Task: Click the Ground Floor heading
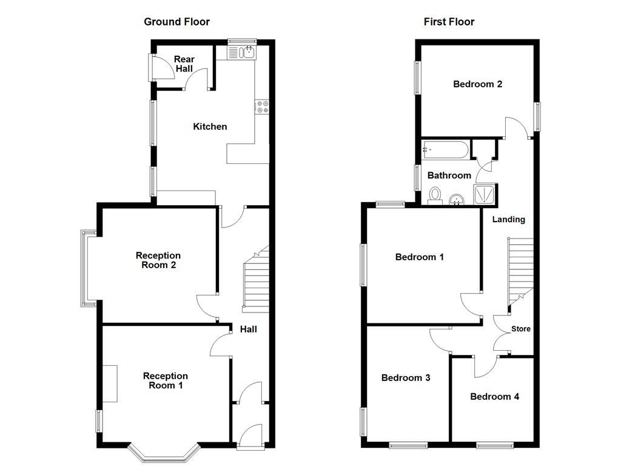[x=176, y=22]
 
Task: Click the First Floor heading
[x=449, y=22]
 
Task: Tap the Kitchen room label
[x=210, y=127]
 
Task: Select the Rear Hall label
[x=184, y=64]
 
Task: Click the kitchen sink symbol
[x=243, y=53]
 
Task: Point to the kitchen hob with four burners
[x=263, y=107]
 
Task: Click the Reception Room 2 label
[x=158, y=260]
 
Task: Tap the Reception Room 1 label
[x=166, y=380]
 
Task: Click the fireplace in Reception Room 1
[x=110, y=383]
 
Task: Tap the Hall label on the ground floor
[x=249, y=329]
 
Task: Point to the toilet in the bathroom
[x=435, y=195]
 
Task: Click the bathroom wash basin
[x=457, y=198]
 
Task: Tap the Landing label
[x=508, y=219]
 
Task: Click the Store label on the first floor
[x=521, y=329]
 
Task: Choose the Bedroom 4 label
[x=494, y=397]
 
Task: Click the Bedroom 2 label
[x=477, y=84]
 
